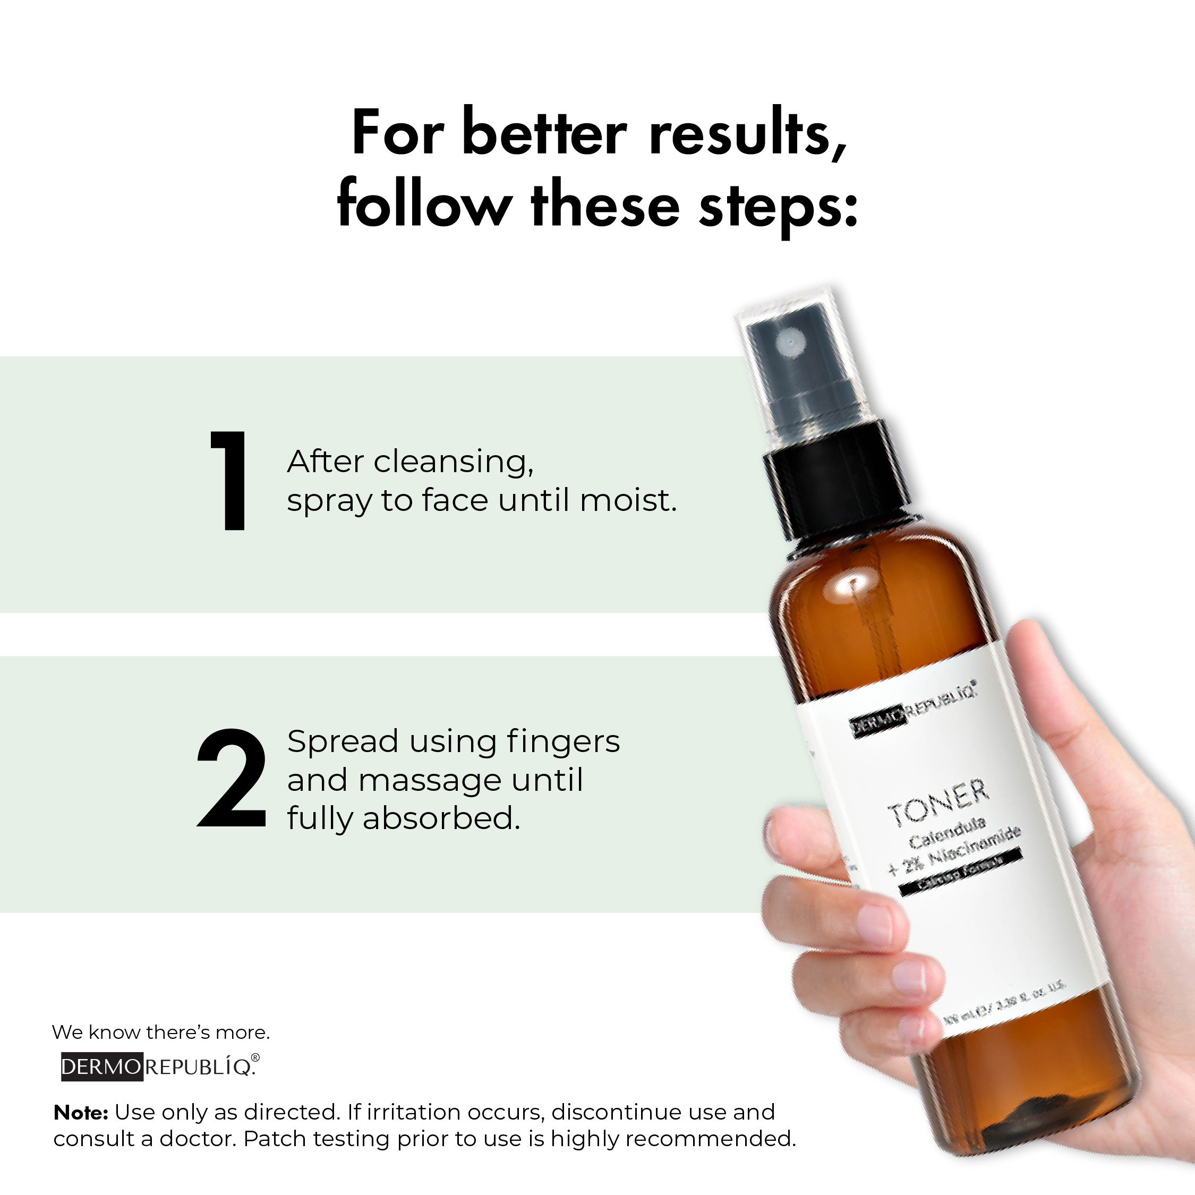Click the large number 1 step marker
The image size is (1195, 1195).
[x=230, y=481]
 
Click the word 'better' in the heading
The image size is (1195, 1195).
[x=544, y=133]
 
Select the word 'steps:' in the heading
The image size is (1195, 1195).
[x=778, y=207]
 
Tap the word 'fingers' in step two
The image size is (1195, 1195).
[x=563, y=742]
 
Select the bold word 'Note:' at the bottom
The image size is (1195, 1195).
[x=81, y=1113]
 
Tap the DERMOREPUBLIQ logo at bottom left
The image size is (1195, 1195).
[x=159, y=1066]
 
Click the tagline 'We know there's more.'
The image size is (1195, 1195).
[x=161, y=1032]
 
